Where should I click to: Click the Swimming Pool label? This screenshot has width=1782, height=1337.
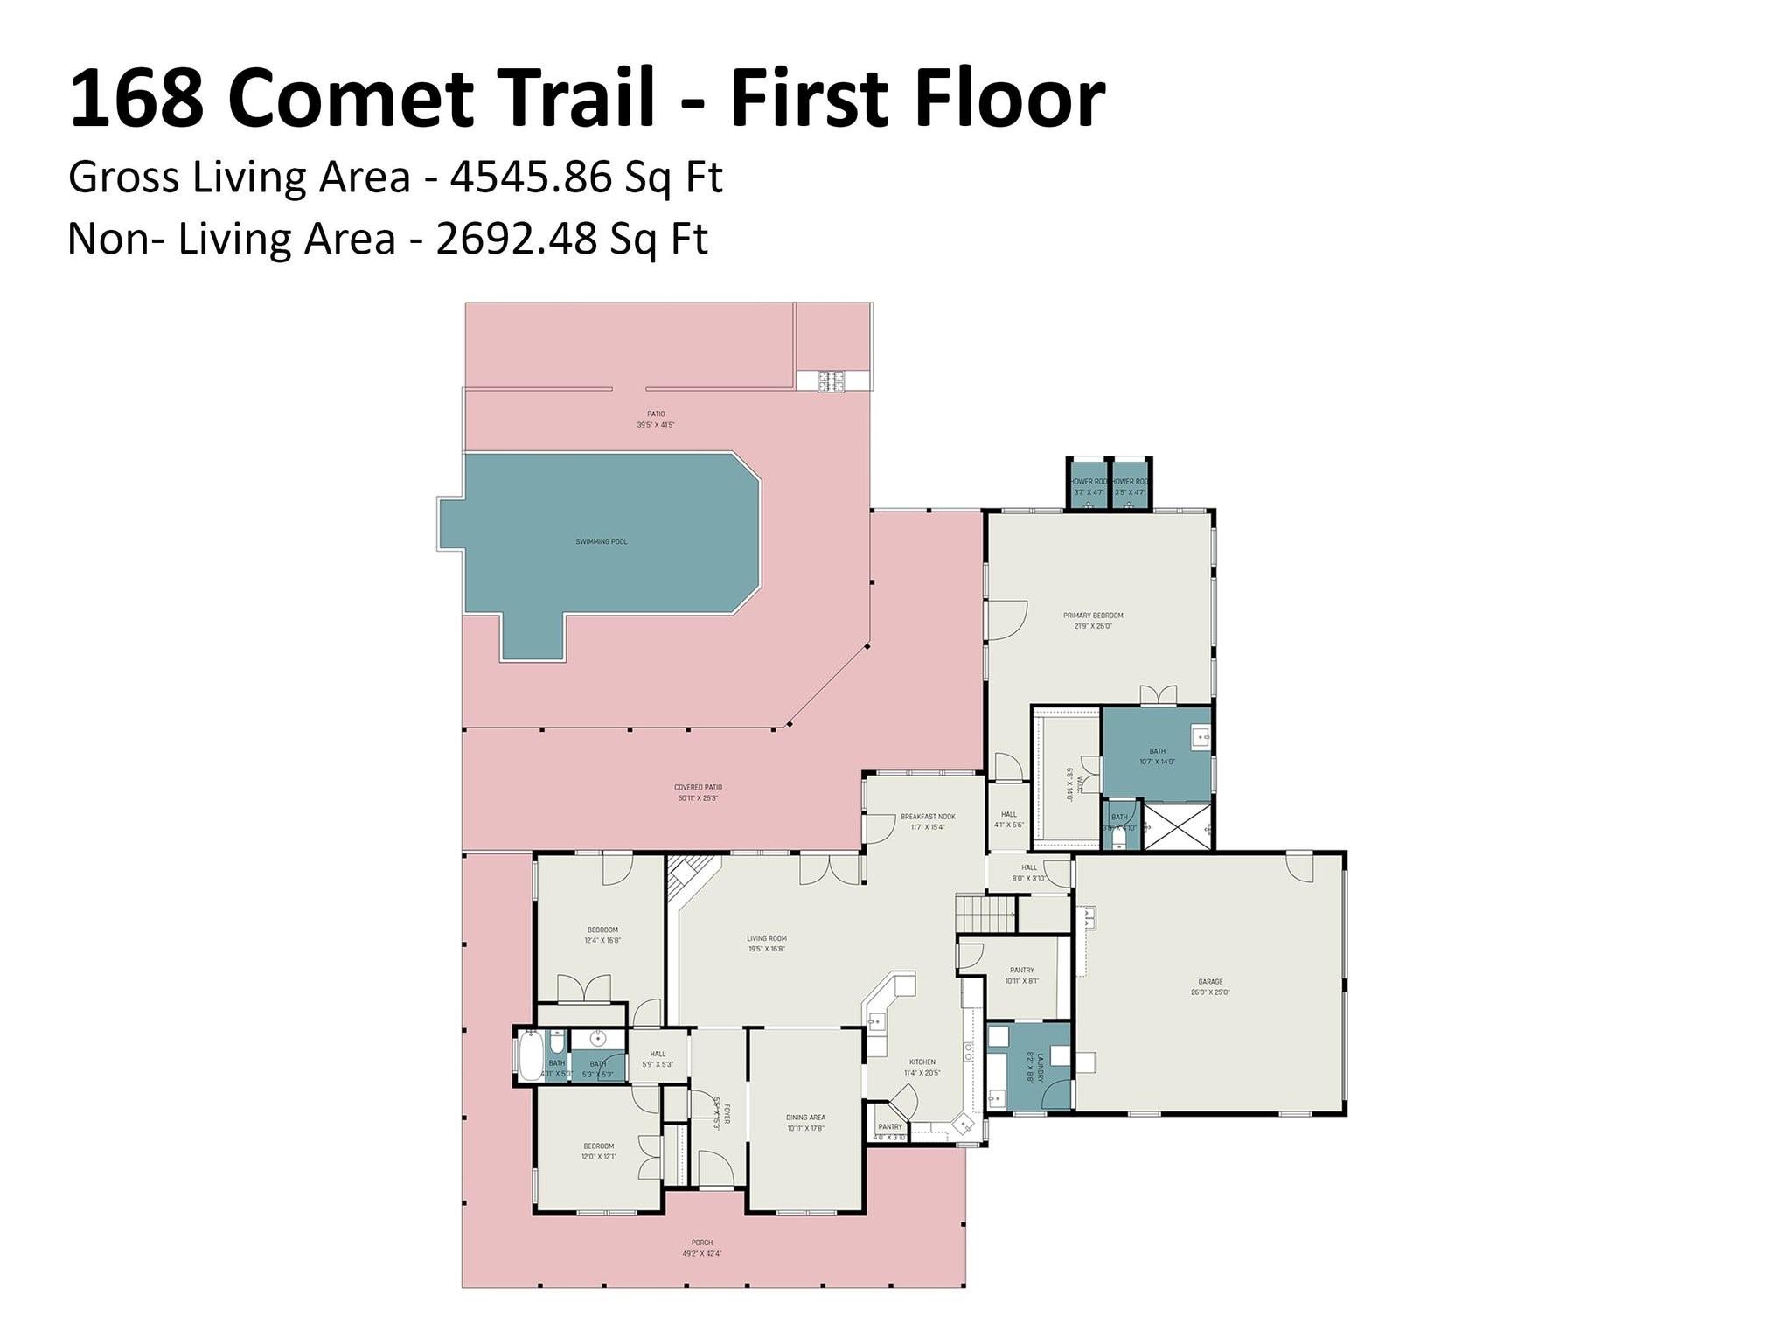(x=601, y=542)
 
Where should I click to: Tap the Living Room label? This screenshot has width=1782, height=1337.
(x=766, y=938)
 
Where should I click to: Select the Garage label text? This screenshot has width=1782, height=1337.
(x=1210, y=982)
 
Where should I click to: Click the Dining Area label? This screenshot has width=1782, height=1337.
(x=805, y=1118)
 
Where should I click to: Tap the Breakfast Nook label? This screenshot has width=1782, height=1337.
(x=928, y=817)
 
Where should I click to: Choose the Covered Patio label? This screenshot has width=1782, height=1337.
(x=698, y=787)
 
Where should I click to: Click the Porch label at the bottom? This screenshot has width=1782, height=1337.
(x=702, y=1243)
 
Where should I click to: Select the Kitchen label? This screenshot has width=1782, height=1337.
(x=922, y=1062)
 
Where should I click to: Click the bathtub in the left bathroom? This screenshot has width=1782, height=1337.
(x=529, y=1056)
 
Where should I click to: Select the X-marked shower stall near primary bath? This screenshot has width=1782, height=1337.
(x=1177, y=826)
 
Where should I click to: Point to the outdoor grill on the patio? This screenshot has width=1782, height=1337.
(x=832, y=381)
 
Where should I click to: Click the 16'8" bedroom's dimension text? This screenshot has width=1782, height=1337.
(x=602, y=941)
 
